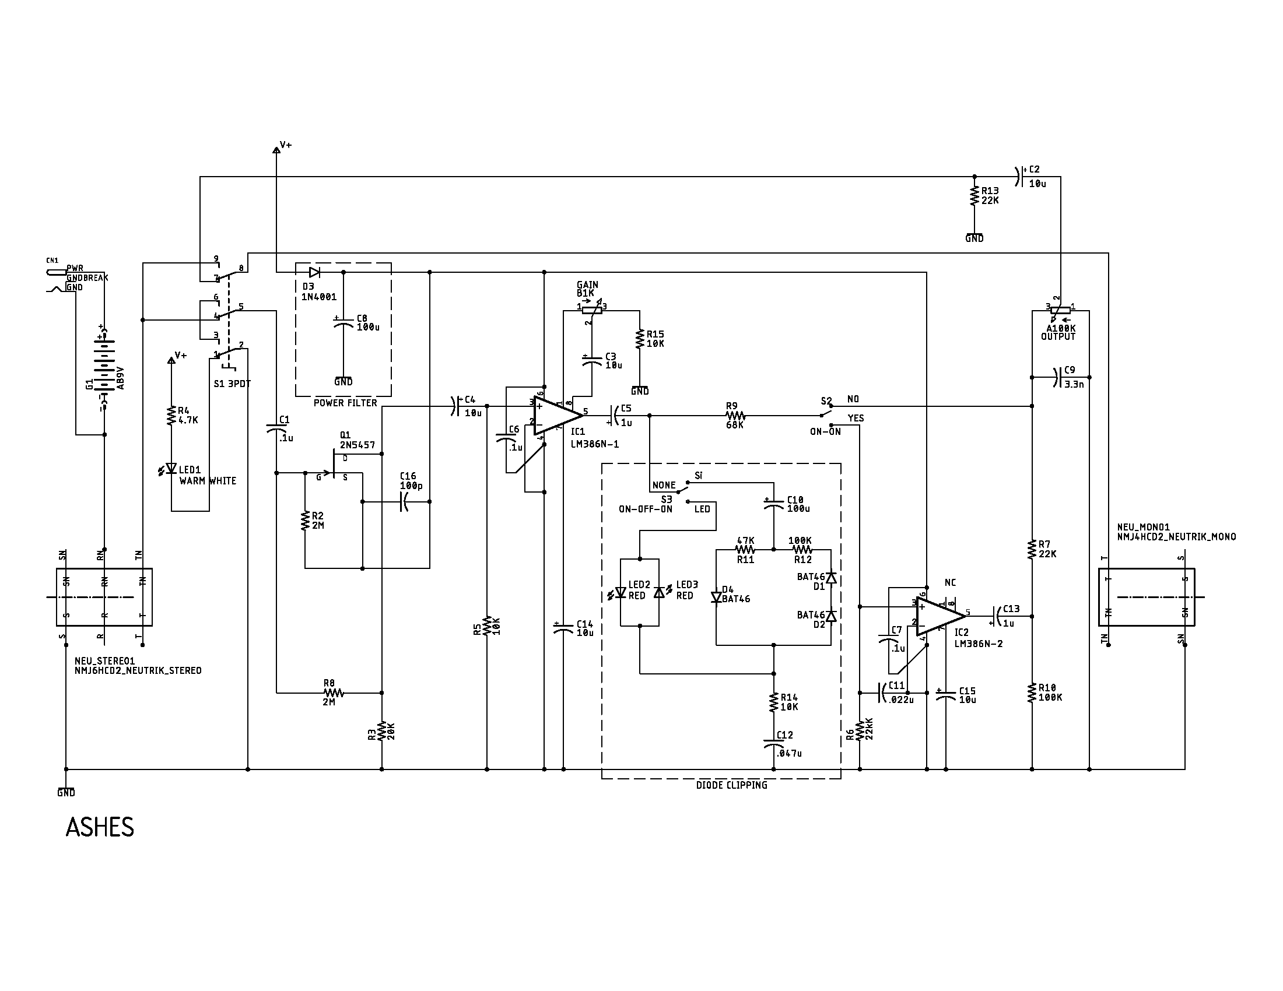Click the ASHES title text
pyautogui.click(x=100, y=827)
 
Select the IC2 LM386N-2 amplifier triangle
pyautogui.click(x=938, y=616)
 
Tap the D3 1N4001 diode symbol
pyautogui.click(x=314, y=272)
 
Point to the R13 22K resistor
pyautogui.click(x=974, y=196)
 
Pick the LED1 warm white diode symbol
pyautogui.click(x=171, y=469)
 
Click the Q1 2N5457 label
pyautogui.click(x=356, y=440)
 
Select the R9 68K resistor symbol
pyautogui.click(x=735, y=416)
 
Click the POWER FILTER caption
pyautogui.click(x=345, y=403)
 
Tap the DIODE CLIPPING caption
pyautogui.click(x=731, y=785)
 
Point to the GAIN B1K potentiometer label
pyautogui.click(x=587, y=289)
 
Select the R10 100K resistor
pyautogui.click(x=1032, y=693)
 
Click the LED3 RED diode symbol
pyautogui.click(x=659, y=592)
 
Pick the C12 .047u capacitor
pyautogui.click(x=774, y=743)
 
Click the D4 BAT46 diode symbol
pyautogui.click(x=716, y=597)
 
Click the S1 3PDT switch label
pyautogui.click(x=232, y=384)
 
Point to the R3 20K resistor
pyautogui.click(x=382, y=731)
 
